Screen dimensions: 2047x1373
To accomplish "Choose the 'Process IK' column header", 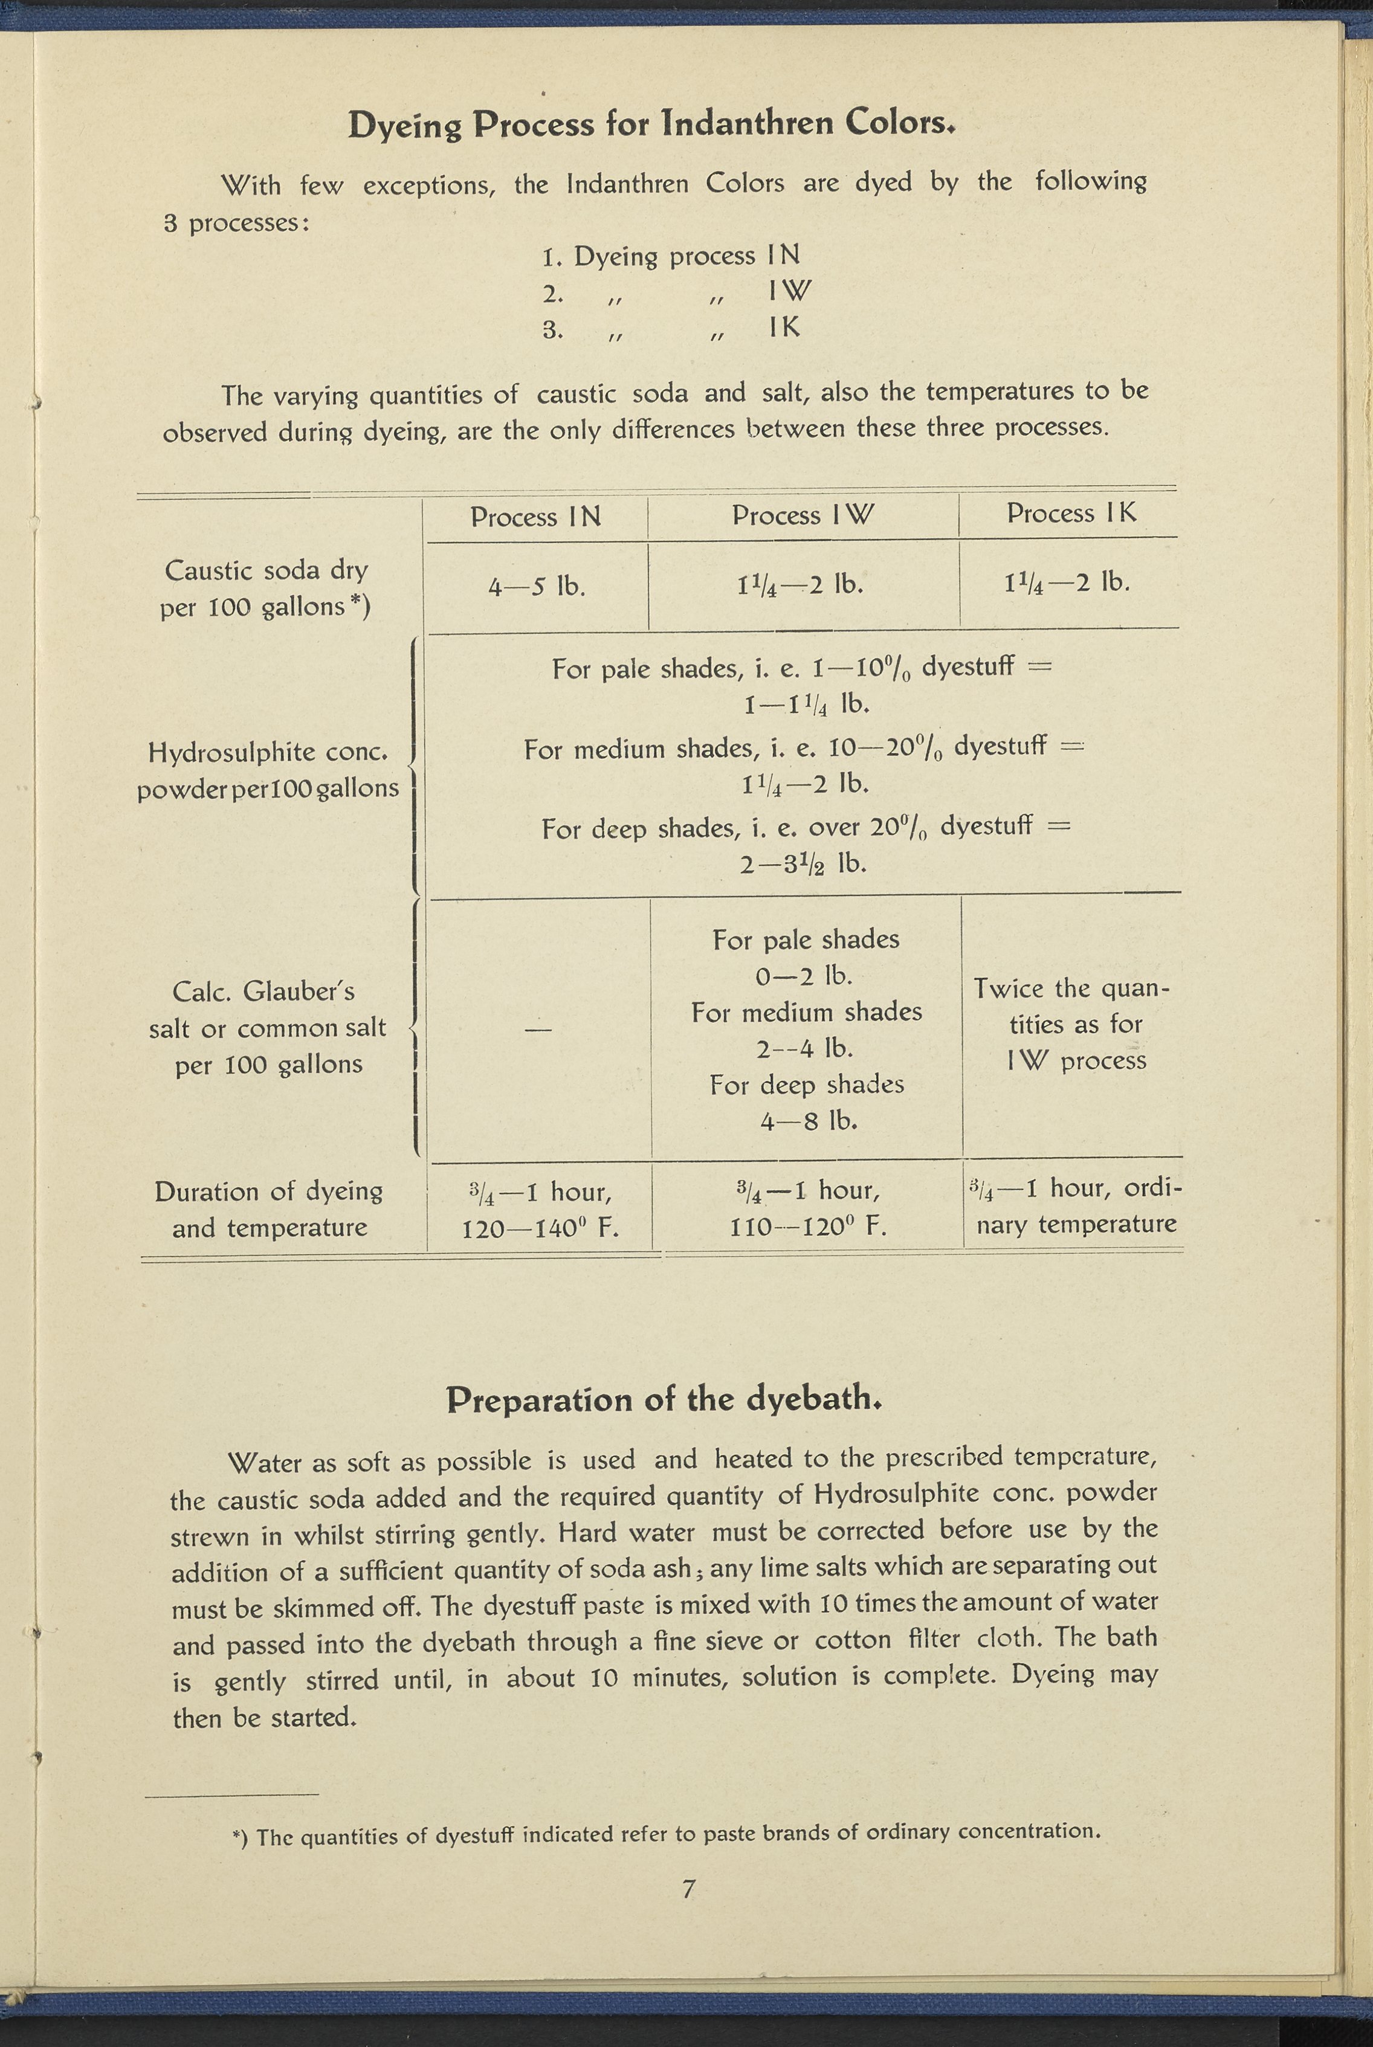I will click(x=1070, y=513).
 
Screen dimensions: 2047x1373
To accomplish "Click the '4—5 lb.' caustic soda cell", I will click(x=536, y=585).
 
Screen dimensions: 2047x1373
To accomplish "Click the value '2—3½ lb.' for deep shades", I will click(x=803, y=864).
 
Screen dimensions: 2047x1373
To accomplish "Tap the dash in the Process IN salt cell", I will click(x=538, y=1030).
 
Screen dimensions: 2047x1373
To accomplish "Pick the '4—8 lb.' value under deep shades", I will click(x=807, y=1121).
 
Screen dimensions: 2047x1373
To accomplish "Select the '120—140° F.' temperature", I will click(x=540, y=1228).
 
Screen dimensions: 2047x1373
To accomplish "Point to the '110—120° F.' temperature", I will click(x=807, y=1227).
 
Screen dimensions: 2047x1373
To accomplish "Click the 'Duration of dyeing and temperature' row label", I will click(x=269, y=1209).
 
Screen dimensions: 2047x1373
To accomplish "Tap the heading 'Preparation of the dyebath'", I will click(x=663, y=1399).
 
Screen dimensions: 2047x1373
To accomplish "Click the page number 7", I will click(x=688, y=1889).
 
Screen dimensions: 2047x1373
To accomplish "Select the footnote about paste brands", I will click(x=665, y=1833).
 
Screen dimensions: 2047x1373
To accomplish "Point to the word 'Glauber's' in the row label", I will click(x=298, y=991).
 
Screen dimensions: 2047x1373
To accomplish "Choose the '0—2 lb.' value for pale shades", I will click(x=803, y=975).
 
